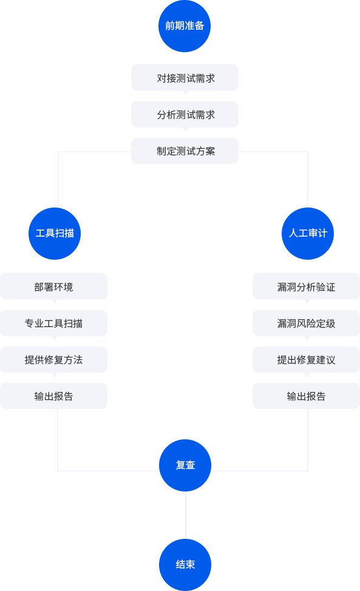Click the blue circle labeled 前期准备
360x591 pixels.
pyautogui.click(x=185, y=26)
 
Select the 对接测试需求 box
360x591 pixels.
pyautogui.click(x=185, y=78)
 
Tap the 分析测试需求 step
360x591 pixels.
pyautogui.click(x=185, y=114)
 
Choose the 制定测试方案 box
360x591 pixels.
pyautogui.click(x=185, y=150)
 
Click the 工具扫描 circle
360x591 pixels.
pyautogui.click(x=55, y=234)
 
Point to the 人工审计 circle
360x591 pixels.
pyautogui.click(x=308, y=234)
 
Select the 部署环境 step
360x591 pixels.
pyautogui.click(x=53, y=286)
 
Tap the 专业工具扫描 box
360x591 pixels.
pyautogui.click(x=53, y=323)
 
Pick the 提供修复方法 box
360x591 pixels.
pyautogui.click(x=53, y=360)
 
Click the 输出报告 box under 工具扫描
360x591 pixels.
pyautogui.click(x=53, y=396)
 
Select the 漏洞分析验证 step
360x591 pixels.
pyautogui.click(x=306, y=286)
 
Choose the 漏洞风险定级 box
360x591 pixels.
pyautogui.click(x=306, y=323)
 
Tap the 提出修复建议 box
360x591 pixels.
pyautogui.click(x=306, y=360)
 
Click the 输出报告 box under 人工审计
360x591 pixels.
pyautogui.click(x=306, y=396)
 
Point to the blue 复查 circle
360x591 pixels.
pyautogui.click(x=185, y=465)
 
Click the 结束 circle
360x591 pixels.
pyautogui.click(x=185, y=565)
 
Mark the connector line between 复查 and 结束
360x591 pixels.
pyautogui.click(x=186, y=515)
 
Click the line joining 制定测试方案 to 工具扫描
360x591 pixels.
pyautogui.click(x=58, y=152)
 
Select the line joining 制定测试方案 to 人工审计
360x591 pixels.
pyautogui.click(x=308, y=152)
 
